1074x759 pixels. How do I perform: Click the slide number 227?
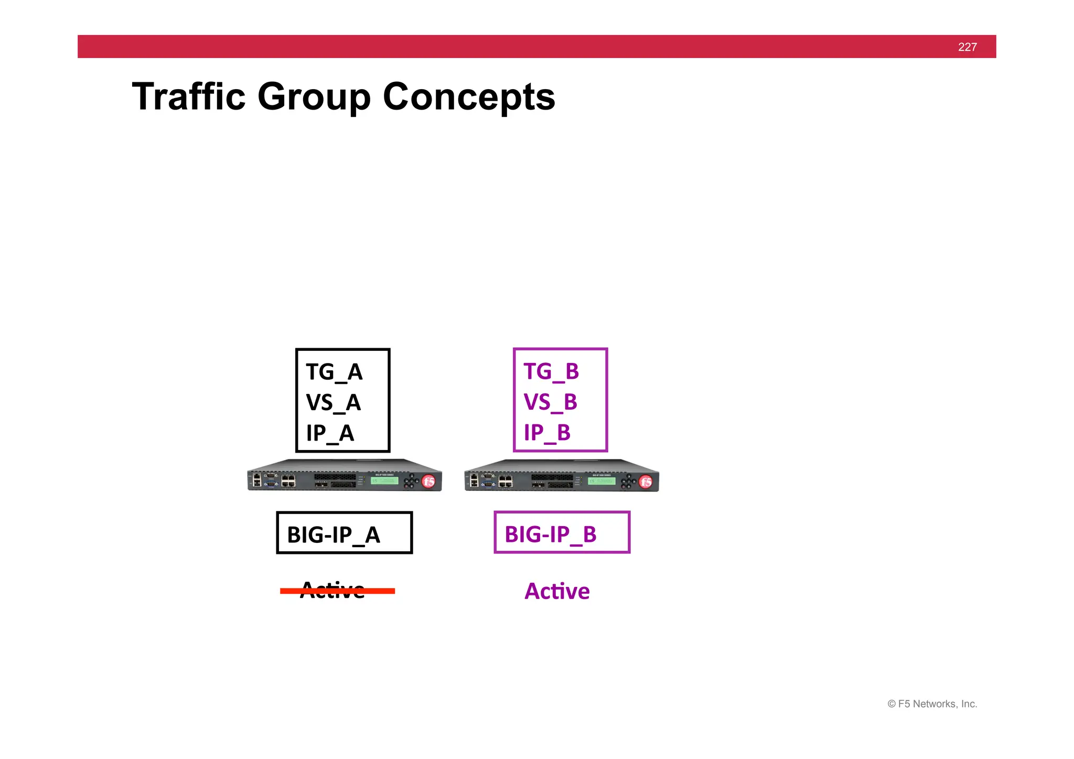(x=967, y=47)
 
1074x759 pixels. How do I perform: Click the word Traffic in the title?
(x=188, y=97)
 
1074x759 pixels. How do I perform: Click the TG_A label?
(x=334, y=372)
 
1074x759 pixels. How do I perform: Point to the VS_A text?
(x=333, y=403)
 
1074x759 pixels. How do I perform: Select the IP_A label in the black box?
(x=330, y=433)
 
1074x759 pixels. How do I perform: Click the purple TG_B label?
(x=551, y=371)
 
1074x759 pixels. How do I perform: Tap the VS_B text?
(x=550, y=402)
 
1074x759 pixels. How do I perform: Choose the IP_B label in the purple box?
(x=547, y=433)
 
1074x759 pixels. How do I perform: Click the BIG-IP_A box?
(x=344, y=533)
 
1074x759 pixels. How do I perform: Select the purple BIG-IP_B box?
(x=562, y=532)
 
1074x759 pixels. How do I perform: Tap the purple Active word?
(x=557, y=592)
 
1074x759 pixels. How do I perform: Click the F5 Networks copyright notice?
(x=932, y=704)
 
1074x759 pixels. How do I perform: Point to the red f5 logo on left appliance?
(x=428, y=481)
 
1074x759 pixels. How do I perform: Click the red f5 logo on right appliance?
(x=646, y=482)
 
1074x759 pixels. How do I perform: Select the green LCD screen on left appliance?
(x=384, y=480)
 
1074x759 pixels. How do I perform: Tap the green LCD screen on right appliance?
(x=602, y=481)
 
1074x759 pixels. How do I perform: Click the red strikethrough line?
(x=378, y=591)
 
